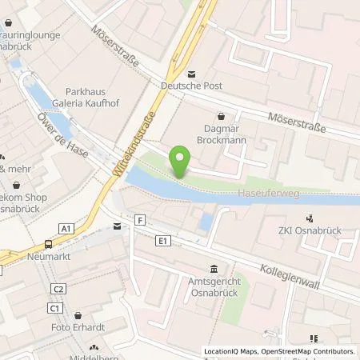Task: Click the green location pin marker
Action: tap(181, 160)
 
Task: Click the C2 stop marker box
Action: tap(58, 288)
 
